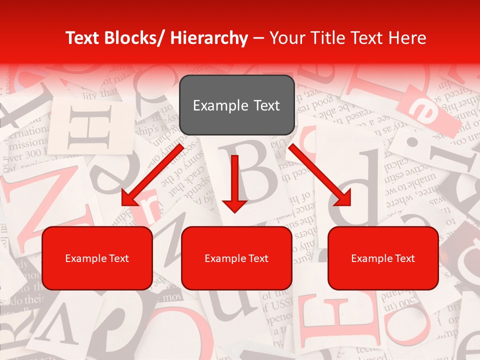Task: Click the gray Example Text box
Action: [x=236, y=105]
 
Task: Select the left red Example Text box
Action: [x=97, y=258]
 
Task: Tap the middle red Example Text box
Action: [x=236, y=258]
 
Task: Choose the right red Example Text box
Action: [x=383, y=258]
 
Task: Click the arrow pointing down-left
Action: [x=152, y=175]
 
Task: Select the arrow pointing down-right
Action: [x=320, y=175]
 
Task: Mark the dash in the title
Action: [x=258, y=38]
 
